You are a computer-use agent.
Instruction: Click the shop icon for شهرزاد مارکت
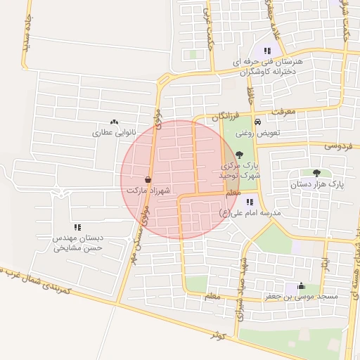point(147,180)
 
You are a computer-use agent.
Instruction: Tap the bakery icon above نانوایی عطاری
point(115,122)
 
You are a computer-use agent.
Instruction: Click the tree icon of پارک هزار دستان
point(316,173)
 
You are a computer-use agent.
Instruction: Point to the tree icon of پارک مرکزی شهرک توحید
point(240,155)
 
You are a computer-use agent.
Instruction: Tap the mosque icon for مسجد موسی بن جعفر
point(302,285)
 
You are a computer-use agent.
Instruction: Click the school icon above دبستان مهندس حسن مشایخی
point(77,227)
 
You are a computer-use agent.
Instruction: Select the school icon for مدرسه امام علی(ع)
point(250,202)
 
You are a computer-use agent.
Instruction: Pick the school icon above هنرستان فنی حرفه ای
point(266,51)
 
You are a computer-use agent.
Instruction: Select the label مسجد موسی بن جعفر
point(307,297)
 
